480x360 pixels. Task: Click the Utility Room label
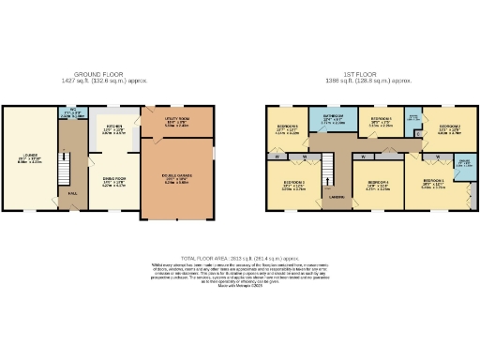coord(176,119)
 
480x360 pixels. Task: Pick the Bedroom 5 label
coord(380,119)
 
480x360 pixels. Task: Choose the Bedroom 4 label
coord(379,182)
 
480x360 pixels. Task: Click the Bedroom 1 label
coord(432,181)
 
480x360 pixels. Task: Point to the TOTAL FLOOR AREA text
coord(240,256)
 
